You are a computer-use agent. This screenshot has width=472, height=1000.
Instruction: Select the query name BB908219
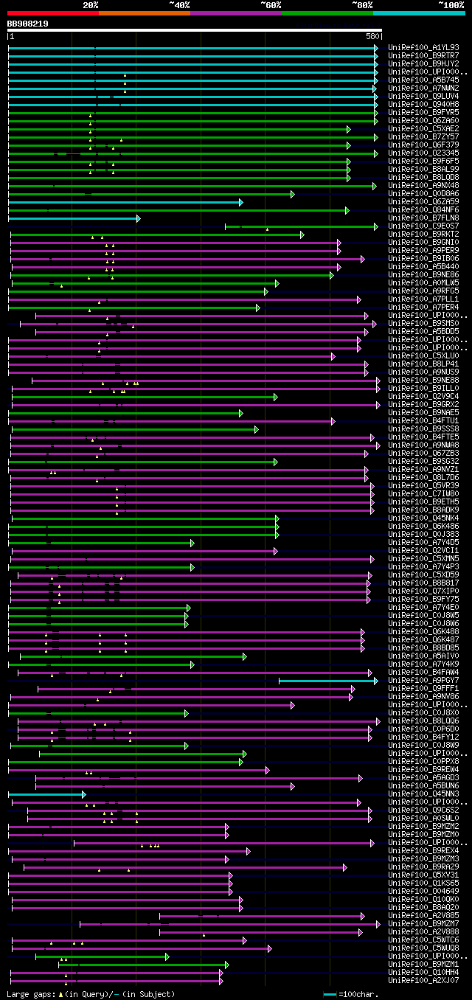click(28, 24)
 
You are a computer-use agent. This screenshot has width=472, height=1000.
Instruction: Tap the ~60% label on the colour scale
click(271, 5)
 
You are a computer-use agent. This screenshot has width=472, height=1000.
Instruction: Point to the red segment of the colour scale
click(52, 13)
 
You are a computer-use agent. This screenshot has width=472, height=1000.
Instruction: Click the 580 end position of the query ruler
click(372, 36)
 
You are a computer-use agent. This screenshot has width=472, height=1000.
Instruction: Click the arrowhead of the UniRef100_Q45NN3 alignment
click(84, 794)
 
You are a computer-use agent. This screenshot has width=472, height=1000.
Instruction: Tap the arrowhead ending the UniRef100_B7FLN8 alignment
click(138, 218)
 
